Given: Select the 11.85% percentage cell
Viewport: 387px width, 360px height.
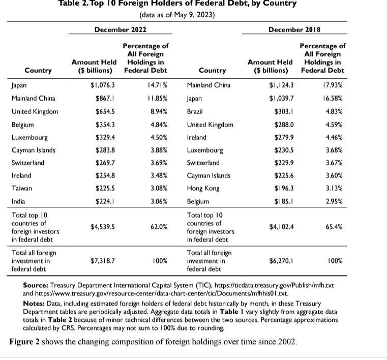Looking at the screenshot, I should tap(157, 98).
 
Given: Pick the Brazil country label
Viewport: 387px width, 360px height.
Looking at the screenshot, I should tap(196, 111).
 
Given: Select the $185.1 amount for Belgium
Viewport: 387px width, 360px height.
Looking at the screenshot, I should tap(279, 201).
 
